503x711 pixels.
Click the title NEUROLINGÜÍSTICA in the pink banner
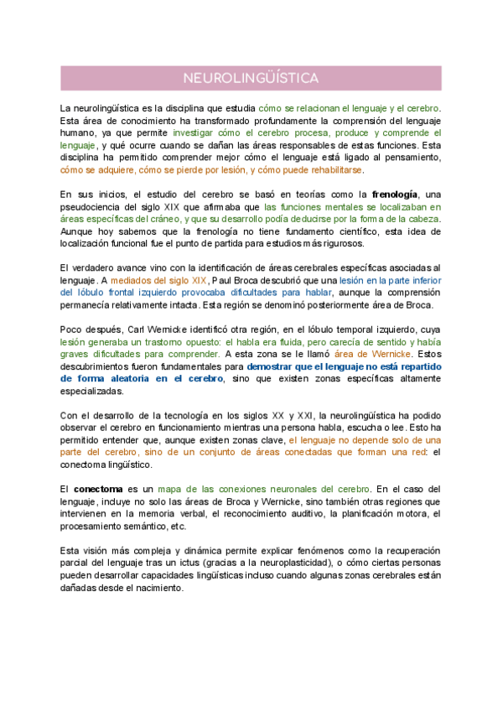click(251, 78)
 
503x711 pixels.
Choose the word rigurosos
click(337, 243)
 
